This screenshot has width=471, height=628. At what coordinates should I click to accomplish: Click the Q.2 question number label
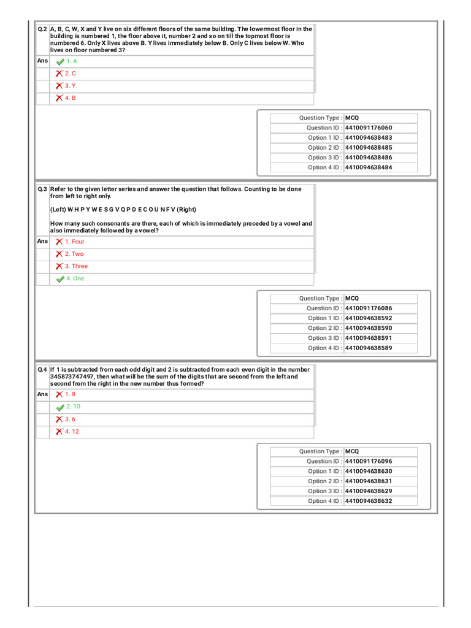(x=42, y=29)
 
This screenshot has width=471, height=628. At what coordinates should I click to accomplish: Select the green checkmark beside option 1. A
(x=60, y=62)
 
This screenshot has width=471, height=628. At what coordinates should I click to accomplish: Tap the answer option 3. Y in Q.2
(x=71, y=86)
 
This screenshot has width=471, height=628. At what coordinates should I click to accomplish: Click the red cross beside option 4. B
(x=59, y=98)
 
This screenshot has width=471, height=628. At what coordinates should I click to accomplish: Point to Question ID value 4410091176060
(x=369, y=128)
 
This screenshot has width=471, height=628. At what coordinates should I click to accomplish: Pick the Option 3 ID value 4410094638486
(x=369, y=158)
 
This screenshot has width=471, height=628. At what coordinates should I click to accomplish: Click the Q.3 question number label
(x=42, y=190)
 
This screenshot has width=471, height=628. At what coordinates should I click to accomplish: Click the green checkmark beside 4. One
(x=60, y=279)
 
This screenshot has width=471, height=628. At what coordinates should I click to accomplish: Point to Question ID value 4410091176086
(x=369, y=308)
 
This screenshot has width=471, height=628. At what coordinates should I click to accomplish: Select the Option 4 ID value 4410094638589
(x=369, y=348)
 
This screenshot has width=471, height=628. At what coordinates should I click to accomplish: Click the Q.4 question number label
(x=42, y=370)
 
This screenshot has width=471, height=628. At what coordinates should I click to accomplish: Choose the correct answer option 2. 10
(x=73, y=407)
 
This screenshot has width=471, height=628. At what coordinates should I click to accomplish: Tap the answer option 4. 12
(x=72, y=432)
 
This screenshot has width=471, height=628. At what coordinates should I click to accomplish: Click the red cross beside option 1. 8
(x=59, y=394)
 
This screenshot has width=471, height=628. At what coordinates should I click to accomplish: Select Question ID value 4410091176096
(x=369, y=461)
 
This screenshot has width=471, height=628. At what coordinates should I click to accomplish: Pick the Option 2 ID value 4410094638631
(x=369, y=481)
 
